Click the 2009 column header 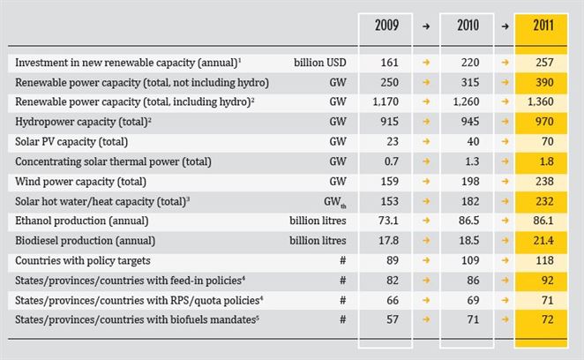(386, 26)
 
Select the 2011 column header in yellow (543, 26)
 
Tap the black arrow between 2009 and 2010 (426, 26)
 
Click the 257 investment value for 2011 (544, 63)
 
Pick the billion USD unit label (320, 63)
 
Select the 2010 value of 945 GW (470, 122)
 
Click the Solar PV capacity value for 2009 (393, 141)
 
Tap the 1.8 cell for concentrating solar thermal (546, 161)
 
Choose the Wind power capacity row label (80, 182)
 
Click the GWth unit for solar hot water (335, 202)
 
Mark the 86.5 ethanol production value (469, 221)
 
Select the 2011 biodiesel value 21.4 (543, 240)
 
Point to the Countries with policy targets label (83, 260)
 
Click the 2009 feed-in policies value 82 (393, 281)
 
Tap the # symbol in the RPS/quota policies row (342, 300)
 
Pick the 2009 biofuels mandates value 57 (393, 319)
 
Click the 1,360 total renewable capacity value (541, 101)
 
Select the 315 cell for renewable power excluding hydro (470, 82)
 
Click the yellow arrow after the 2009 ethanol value (426, 221)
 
